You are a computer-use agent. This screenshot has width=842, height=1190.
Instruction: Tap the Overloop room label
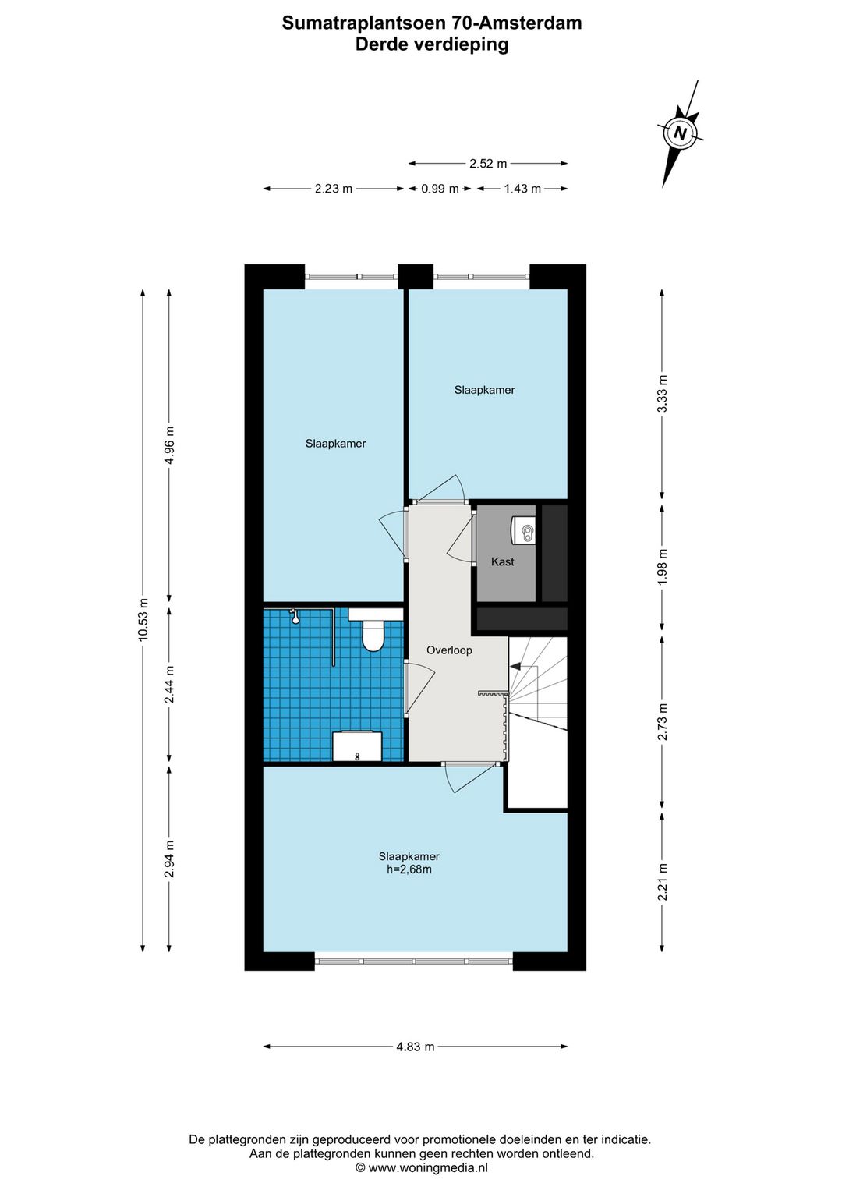tap(449, 650)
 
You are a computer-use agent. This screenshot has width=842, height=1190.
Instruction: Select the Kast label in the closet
tap(502, 561)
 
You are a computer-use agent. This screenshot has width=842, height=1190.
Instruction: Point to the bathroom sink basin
tap(357, 746)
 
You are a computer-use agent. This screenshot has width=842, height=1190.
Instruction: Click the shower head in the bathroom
tap(294, 616)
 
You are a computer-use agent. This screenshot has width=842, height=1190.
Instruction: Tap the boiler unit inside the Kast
tap(523, 530)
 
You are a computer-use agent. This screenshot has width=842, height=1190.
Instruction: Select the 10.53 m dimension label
tap(143, 619)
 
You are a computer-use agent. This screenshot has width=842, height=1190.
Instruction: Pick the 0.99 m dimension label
tap(440, 189)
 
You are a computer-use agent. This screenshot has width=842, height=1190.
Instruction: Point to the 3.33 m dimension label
tap(662, 394)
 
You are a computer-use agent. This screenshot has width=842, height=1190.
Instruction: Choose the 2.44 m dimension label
tap(169, 684)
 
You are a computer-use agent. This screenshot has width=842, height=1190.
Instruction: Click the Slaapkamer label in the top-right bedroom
tap(484, 390)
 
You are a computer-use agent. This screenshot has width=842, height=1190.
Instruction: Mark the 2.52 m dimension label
tap(488, 164)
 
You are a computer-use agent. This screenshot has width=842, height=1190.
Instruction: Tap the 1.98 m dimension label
tap(662, 567)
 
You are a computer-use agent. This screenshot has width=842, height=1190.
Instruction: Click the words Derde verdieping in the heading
tap(432, 44)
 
